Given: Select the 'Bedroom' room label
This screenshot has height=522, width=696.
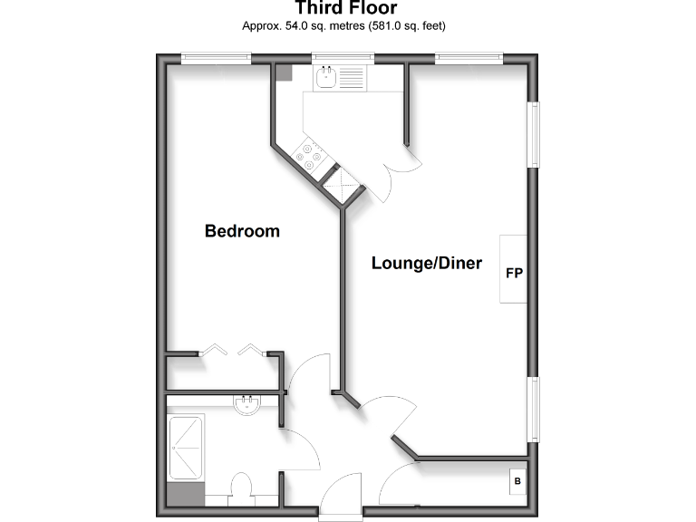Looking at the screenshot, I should click(x=242, y=231).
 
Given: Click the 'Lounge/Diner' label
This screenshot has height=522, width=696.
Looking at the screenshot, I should click(x=426, y=264).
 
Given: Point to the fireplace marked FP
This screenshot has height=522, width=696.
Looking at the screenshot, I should click(x=513, y=272).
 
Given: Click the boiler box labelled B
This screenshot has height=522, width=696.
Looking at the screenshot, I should click(x=517, y=481).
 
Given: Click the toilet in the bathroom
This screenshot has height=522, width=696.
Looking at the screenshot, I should click(x=242, y=488).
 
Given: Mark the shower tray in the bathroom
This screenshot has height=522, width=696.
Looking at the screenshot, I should click(x=186, y=448).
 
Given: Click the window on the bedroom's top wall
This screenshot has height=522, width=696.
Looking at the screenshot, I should click(x=215, y=59).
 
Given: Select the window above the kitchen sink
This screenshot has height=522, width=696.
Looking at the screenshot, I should click(x=338, y=59).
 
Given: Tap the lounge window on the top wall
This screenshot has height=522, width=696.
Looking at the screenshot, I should click(x=469, y=59).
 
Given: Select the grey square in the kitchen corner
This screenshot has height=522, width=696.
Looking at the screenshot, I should click(x=284, y=73).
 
